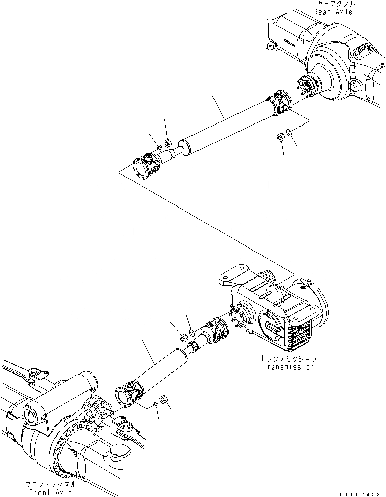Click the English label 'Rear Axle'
[332, 11]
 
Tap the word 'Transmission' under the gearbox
[288, 367]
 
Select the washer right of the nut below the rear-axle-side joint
[288, 133]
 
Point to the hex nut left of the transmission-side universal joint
[184, 337]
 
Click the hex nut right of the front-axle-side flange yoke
[163, 398]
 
